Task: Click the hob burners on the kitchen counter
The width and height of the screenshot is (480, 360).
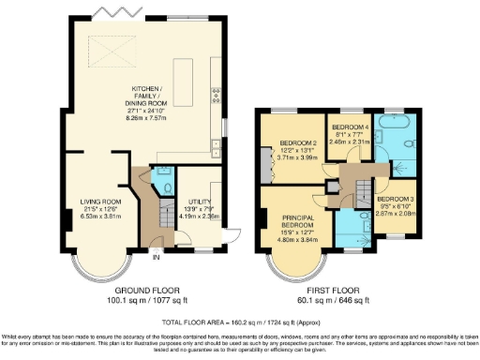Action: point(216,94)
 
